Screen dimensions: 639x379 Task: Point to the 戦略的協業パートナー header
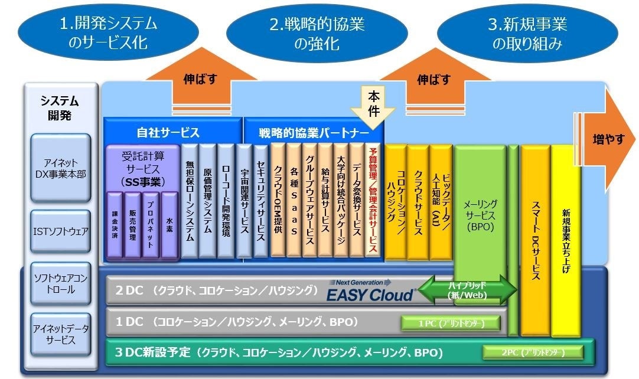pyautogui.click(x=313, y=132)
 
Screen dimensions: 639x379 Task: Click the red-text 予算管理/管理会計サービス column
pyautogui.click(x=372, y=201)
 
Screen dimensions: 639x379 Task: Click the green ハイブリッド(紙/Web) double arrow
pyautogui.click(x=475, y=290)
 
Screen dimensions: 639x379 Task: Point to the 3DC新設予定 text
pyautogui.click(x=152, y=353)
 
